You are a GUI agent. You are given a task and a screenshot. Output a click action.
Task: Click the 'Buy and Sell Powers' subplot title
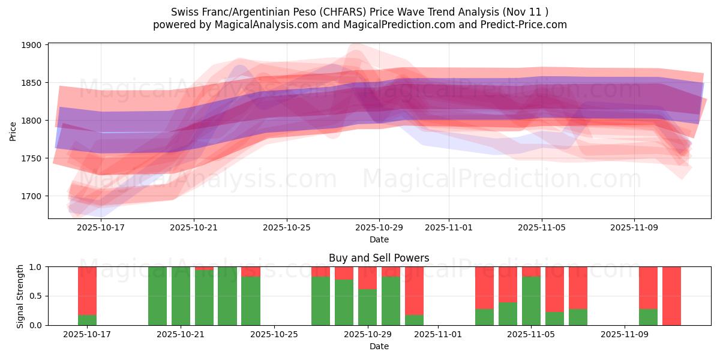point(379,258)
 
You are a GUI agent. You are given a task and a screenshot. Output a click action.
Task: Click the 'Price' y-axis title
point(13,130)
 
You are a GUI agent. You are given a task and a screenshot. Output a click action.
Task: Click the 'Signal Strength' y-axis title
point(20,296)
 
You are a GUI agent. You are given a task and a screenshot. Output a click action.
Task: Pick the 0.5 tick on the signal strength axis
point(35,296)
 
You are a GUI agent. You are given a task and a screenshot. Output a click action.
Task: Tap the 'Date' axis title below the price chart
point(379,239)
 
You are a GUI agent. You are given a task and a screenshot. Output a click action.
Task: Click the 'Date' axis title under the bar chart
point(379,346)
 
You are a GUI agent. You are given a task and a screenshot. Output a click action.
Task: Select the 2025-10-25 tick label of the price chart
point(286,227)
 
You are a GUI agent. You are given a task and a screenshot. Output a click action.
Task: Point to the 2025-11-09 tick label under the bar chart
point(625,334)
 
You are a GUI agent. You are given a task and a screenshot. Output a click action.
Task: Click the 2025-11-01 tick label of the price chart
point(448,227)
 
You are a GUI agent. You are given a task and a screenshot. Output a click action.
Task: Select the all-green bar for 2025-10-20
point(157,296)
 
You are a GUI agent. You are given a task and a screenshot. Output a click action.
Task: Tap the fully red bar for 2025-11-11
point(671,296)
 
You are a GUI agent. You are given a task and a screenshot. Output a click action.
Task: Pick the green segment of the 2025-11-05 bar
point(531,301)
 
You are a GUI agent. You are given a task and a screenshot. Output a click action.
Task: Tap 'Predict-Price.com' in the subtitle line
point(525,25)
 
